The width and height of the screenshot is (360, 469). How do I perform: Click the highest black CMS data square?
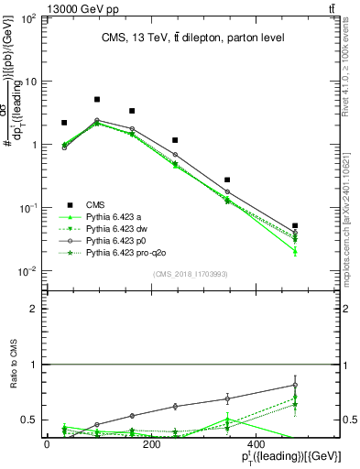pyautogui.click(x=97, y=99)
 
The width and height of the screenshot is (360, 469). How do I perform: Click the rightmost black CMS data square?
pyautogui.click(x=295, y=225)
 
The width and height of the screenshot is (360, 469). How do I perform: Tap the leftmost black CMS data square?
pyautogui.click(x=64, y=122)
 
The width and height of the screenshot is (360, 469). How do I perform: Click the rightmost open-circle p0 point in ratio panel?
pyautogui.click(x=295, y=385)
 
